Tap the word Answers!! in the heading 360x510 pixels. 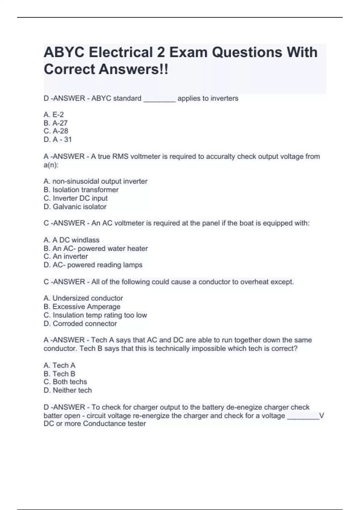(x=134, y=69)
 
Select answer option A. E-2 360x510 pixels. (x=54, y=115)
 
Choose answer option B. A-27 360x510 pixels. (x=55, y=123)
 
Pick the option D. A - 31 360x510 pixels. (x=58, y=139)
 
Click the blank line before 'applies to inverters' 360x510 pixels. (x=159, y=99)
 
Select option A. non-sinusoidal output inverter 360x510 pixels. (x=95, y=181)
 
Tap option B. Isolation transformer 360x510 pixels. (x=81, y=190)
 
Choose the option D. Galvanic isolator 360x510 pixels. (x=75, y=207)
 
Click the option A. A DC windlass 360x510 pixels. (x=71, y=240)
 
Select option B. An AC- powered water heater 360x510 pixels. (x=96, y=248)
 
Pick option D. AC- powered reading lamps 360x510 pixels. (x=93, y=265)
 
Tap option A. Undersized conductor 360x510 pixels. (x=83, y=298)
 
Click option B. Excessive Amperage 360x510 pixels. (x=82, y=307)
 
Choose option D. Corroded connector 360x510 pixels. (x=80, y=324)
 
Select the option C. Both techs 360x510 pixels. (x=65, y=382)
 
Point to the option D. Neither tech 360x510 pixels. (x=68, y=390)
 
